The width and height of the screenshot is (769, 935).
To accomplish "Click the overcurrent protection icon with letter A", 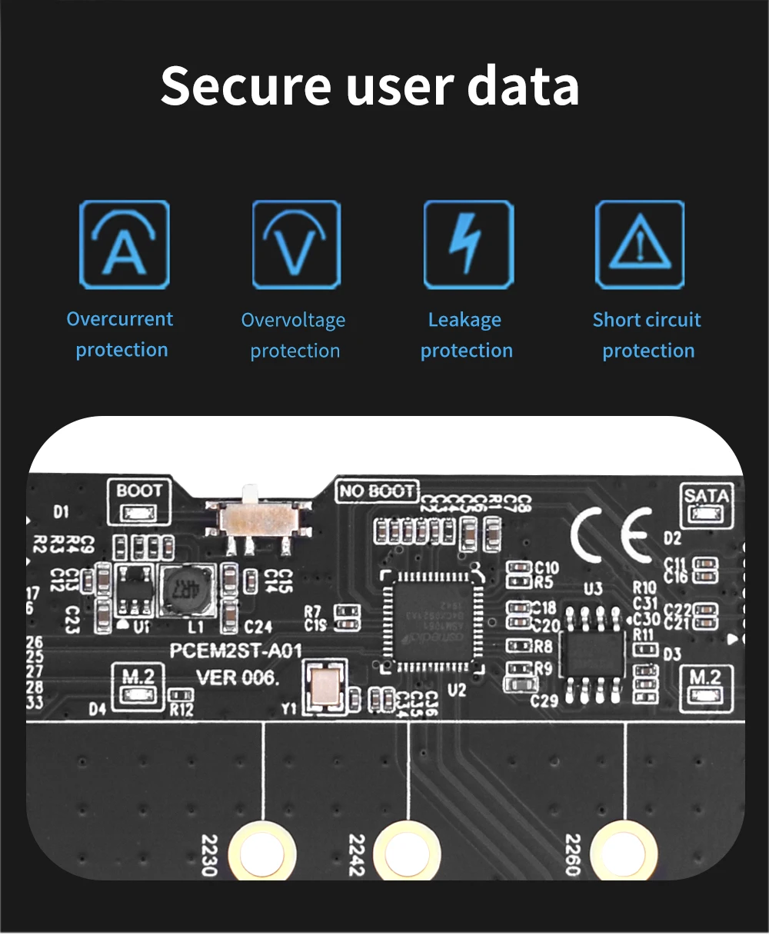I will coord(124,245).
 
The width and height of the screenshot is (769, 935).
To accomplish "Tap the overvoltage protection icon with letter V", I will coord(296,245).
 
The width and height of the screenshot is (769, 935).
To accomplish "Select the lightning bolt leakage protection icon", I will coord(468,245).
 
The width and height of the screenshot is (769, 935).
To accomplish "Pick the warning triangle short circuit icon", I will coord(640,245).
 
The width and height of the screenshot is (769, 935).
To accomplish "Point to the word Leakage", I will coord(464,320).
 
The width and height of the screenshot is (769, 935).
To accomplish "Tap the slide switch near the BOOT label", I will coord(258,521).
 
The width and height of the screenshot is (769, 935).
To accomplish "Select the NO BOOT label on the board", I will coord(378,491).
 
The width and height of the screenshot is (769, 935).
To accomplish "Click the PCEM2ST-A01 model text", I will coord(235,651).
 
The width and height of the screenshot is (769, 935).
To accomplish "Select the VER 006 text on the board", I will coord(238,678).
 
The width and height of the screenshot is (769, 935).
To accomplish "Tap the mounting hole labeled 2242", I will coord(407,852).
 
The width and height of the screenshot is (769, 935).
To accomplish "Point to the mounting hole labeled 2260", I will coord(623,852).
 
